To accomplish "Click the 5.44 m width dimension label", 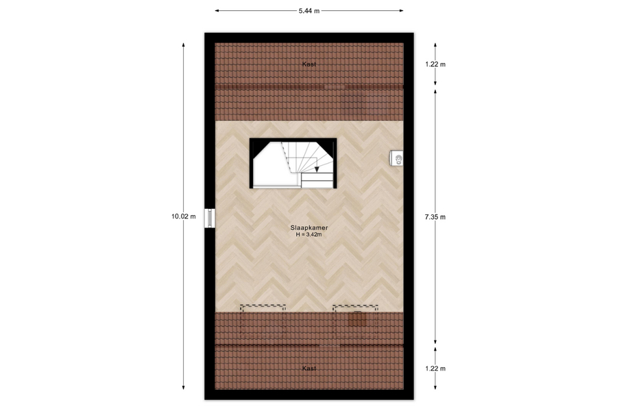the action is coord(309,11).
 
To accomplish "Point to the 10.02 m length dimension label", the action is coord(183,216).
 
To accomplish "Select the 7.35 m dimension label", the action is coord(435,216).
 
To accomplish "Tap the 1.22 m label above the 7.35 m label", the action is coord(435,64).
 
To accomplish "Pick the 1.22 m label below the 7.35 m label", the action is coord(435,369).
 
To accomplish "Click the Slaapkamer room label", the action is coord(309,227).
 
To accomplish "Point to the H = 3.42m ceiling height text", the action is coord(309,234).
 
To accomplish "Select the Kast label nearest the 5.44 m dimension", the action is coord(309,64).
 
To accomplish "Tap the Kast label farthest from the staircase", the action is coord(309,369).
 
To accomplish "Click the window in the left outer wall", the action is coord(210,218).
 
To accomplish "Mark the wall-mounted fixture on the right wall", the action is coord(397,159).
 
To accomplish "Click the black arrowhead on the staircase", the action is coord(317,169).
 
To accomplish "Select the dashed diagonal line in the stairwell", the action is coord(287,157).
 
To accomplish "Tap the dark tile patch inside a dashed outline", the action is coord(357,319).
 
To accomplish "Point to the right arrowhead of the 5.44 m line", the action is coord(401,11).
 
